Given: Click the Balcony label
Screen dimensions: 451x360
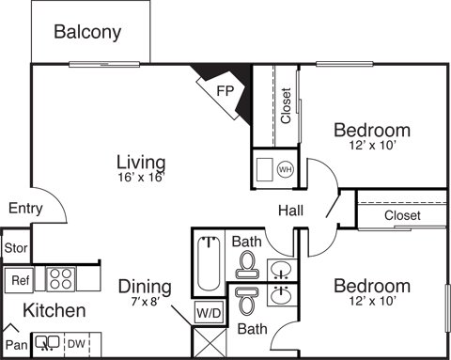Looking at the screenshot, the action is [87, 32].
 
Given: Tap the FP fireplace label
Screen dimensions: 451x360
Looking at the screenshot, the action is [225, 91].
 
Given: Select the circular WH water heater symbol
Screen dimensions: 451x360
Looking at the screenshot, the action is [286, 170].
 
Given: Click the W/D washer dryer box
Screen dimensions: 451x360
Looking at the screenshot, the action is [209, 312].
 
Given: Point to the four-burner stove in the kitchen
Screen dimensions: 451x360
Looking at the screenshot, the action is [61, 279].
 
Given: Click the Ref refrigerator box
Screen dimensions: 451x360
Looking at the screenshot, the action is [19, 280].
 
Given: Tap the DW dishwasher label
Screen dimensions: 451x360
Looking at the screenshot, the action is [76, 344].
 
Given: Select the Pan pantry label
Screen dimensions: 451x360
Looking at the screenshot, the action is [17, 345].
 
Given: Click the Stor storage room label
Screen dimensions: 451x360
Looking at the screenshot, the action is [16, 248].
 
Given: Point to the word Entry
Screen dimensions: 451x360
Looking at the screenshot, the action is [25, 209].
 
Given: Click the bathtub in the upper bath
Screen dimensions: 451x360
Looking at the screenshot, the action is [209, 264].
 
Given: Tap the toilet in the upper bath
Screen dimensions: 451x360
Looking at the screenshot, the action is [247, 265].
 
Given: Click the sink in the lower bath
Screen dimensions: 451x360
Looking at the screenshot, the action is [282, 295].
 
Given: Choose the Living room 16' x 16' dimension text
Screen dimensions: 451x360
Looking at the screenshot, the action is [141, 178].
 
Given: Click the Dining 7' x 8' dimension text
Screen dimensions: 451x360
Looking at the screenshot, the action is [146, 302].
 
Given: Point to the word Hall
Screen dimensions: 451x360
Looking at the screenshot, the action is [290, 211].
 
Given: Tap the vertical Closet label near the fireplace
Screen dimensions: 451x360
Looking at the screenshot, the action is [286, 105].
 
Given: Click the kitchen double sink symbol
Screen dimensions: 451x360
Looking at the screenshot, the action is [47, 343].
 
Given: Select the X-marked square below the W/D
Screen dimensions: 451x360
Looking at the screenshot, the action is [209, 342].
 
